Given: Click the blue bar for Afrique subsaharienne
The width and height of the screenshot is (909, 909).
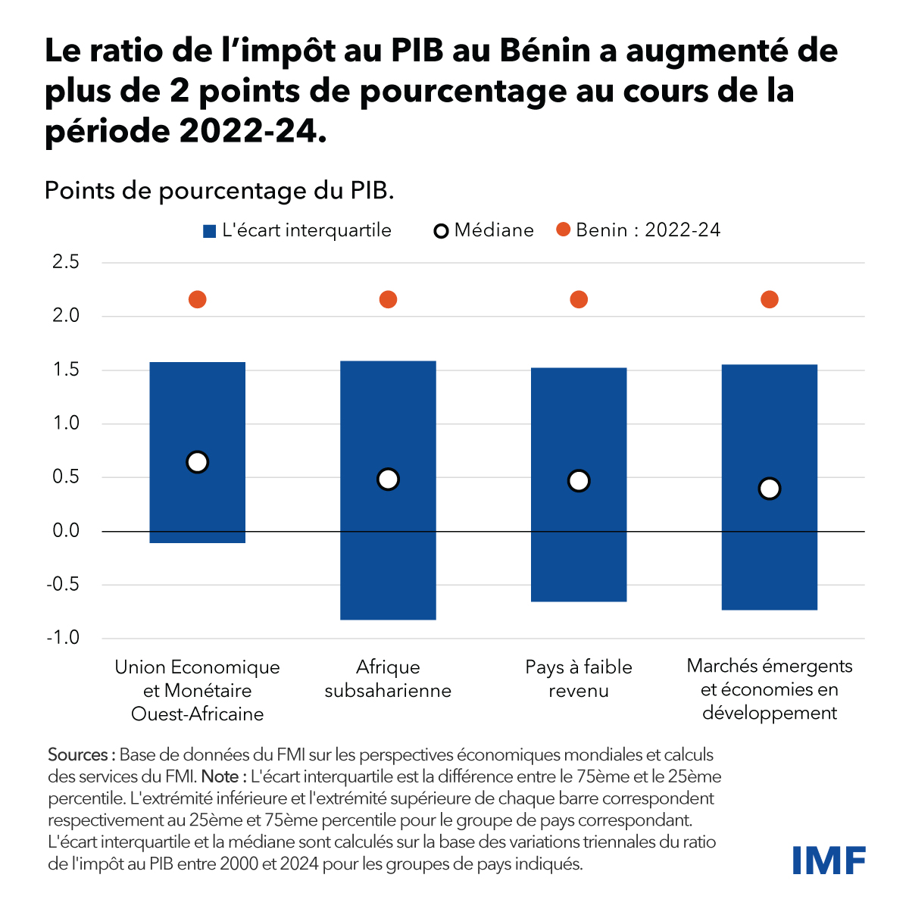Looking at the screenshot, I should coord(388,545).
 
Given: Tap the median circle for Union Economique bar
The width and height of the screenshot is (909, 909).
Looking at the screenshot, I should coord(197,462).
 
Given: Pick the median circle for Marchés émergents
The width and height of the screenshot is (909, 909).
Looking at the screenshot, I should coord(769,489).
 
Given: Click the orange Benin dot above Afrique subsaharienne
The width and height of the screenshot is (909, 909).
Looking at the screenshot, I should coord(388,300).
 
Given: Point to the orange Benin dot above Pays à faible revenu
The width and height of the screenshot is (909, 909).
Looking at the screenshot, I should coord(579,300).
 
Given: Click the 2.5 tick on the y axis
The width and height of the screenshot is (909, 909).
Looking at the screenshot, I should coord(66,263).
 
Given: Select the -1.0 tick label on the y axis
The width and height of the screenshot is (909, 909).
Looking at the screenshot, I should coord(63,638).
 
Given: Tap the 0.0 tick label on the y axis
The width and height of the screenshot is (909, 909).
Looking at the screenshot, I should coord(66,531).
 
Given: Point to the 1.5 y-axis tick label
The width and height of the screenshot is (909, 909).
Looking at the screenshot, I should coord(66,370).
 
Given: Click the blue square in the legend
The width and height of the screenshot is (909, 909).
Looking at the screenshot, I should coord(210,231).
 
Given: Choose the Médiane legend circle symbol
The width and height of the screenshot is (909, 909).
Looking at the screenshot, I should coord(441,231).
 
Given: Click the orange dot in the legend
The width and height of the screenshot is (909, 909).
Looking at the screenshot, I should coord(563,230).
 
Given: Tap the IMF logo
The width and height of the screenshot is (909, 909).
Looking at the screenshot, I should coord(829,860).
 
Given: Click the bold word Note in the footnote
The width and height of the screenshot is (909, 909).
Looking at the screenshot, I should coord(220,776).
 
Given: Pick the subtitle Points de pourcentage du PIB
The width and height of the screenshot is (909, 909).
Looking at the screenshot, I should coord(220,190).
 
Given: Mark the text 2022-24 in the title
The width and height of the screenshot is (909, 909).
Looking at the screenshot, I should coord(244,132).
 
